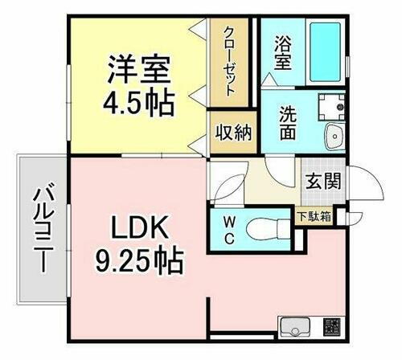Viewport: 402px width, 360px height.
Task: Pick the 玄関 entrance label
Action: coord(323,181)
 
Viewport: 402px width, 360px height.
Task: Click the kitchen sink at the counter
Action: coord(293,328)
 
